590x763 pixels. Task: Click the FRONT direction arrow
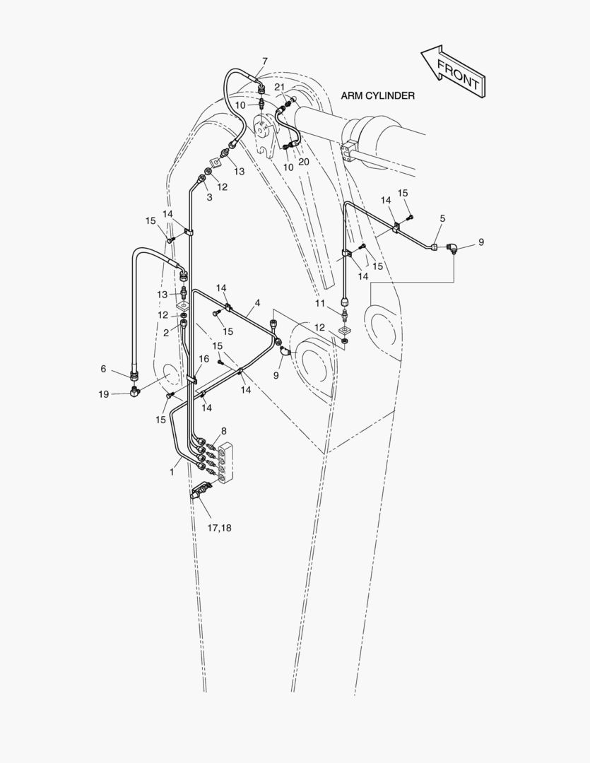[x=453, y=71]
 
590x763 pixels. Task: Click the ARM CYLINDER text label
[x=378, y=96]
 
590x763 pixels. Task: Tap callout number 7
[x=265, y=61]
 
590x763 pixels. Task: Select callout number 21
[x=279, y=87]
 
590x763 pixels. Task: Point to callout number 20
[x=304, y=162]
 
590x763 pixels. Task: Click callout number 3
[x=209, y=197]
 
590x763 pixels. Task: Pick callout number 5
[x=442, y=218]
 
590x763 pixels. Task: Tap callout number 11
[x=320, y=304]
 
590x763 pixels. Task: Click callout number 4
[x=257, y=302]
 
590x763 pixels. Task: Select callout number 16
[x=204, y=359]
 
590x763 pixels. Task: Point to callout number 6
[x=103, y=369]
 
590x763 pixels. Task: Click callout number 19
[x=104, y=394]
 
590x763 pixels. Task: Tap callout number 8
[x=223, y=431]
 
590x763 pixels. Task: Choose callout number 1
[x=172, y=472]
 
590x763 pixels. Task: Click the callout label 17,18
[x=219, y=528]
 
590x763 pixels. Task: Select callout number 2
[x=166, y=333]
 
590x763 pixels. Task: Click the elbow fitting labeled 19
[x=135, y=391]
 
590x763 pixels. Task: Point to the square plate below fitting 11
[x=345, y=331]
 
